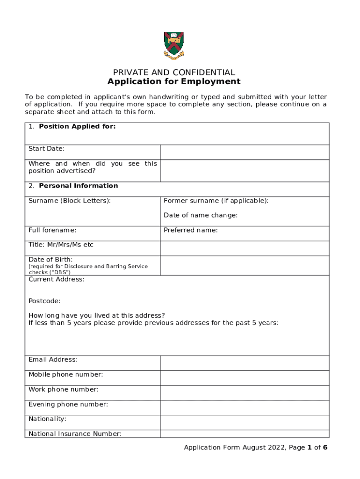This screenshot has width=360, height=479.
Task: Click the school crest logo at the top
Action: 173,45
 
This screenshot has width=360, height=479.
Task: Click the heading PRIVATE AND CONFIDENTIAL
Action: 174,73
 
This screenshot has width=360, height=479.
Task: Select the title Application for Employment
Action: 174,82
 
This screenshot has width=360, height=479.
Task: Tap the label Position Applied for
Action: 77,126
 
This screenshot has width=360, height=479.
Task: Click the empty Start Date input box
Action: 245,152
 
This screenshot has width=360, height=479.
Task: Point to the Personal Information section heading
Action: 78,186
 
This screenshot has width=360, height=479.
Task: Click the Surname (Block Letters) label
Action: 70,201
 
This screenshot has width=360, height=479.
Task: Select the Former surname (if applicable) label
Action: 216,201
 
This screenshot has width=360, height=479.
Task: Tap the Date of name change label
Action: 201,215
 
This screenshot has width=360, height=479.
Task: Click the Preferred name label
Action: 190,230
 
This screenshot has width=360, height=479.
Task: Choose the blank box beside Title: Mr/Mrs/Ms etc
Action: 245,248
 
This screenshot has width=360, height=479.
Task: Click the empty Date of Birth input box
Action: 245,265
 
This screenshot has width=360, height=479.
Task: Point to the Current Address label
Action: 57,279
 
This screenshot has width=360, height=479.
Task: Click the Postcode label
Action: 44,301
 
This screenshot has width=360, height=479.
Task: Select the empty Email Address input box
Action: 245,363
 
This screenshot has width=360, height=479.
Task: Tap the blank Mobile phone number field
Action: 245,378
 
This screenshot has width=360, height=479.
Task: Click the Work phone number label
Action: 64,389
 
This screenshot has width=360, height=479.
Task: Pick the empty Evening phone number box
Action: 245,407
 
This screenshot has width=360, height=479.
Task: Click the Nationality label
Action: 47,419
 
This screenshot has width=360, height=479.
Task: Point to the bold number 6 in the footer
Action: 325,448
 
